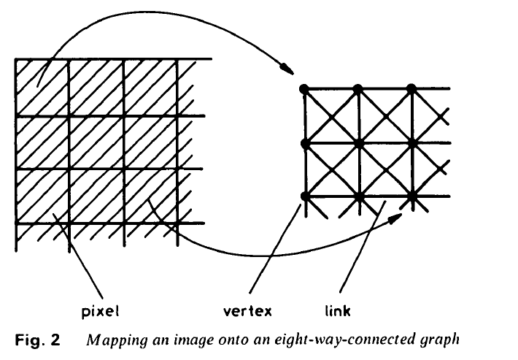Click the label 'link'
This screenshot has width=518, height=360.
point(336,311)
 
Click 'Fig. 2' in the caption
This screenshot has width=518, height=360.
point(36,340)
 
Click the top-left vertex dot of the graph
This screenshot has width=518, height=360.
point(304,88)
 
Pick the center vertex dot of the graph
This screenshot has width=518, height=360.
point(358,143)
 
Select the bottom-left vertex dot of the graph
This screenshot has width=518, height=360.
point(304,196)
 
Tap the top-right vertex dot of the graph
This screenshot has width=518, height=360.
point(411,88)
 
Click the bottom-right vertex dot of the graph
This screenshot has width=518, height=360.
point(411,196)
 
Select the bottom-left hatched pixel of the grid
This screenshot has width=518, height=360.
point(42,196)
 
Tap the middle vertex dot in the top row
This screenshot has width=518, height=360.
point(358,88)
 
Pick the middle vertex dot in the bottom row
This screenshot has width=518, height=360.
point(358,196)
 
